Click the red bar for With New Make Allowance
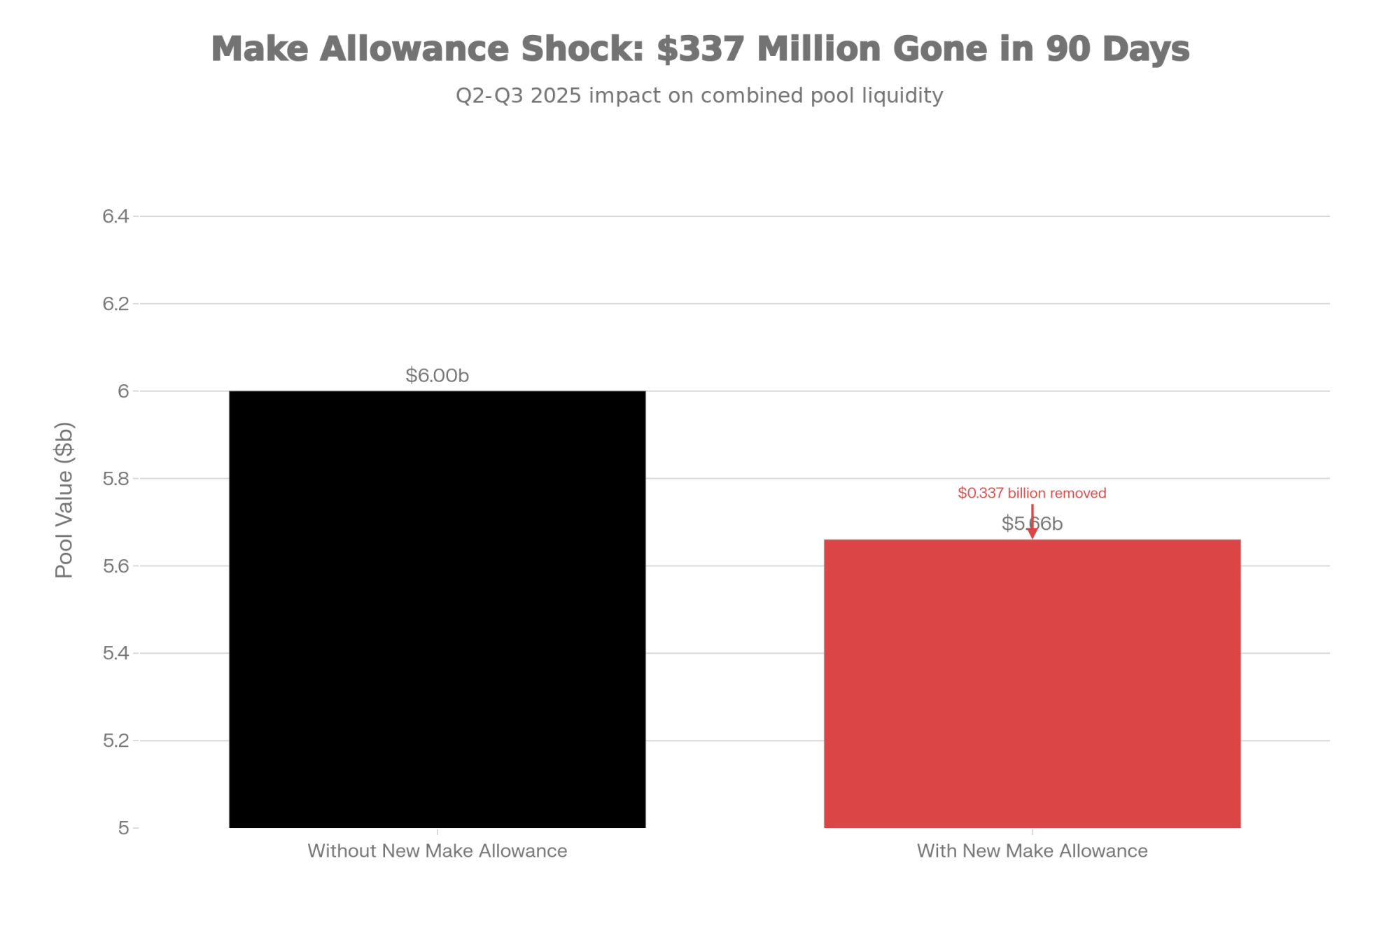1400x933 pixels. (x=1032, y=683)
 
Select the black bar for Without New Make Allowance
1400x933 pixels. (x=437, y=609)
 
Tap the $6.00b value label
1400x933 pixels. (x=437, y=376)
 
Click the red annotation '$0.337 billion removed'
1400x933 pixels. (x=1032, y=493)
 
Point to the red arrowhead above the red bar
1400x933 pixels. (x=1032, y=534)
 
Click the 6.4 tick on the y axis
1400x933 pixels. (x=116, y=216)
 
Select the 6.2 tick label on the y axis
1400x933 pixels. (x=116, y=303)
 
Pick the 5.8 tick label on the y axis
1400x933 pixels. (x=116, y=478)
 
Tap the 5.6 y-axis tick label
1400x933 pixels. (x=116, y=566)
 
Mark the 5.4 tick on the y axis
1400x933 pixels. (x=116, y=653)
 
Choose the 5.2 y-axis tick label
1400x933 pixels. (x=116, y=741)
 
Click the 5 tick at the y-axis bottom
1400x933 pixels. (x=123, y=828)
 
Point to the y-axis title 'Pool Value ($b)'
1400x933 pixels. (x=64, y=500)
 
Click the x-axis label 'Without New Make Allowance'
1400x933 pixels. (x=437, y=851)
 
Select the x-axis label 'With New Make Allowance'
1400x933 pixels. (x=1032, y=851)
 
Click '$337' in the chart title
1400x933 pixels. (x=700, y=49)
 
